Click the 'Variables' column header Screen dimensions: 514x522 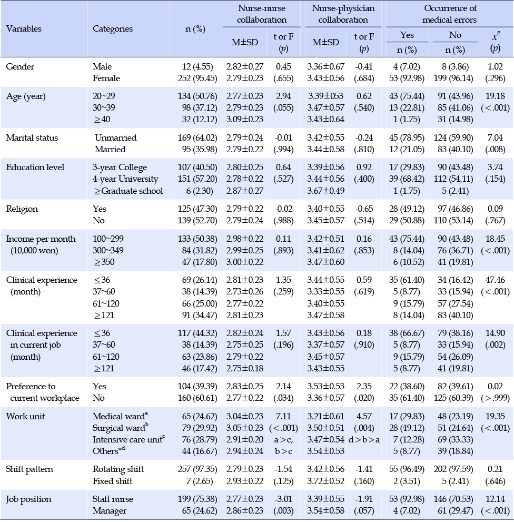[x=24, y=28]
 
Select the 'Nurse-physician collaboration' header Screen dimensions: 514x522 [x=343, y=14]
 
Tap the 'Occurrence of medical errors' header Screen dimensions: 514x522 [x=450, y=14]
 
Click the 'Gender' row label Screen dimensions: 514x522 [x=20, y=66]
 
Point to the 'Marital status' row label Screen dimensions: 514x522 [x=32, y=138]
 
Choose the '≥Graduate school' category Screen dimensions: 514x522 [x=128, y=191]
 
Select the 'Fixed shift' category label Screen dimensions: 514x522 [x=113, y=481]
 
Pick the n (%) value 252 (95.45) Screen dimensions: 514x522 [x=197, y=78]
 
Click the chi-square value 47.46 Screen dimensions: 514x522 [x=495, y=280]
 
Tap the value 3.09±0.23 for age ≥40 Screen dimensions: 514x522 [x=245, y=119]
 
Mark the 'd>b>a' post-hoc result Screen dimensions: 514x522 [x=364, y=440]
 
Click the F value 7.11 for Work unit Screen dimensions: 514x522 [x=283, y=417]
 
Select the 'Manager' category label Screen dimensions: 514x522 [x=110, y=511]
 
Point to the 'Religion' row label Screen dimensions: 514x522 [x=22, y=209]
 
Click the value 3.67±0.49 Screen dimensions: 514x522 [x=325, y=191]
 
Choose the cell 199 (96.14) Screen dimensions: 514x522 [x=453, y=78]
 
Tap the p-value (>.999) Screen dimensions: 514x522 [x=495, y=398]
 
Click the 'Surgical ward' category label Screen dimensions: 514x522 [x=121, y=428]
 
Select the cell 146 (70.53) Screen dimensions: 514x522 [x=453, y=499]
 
